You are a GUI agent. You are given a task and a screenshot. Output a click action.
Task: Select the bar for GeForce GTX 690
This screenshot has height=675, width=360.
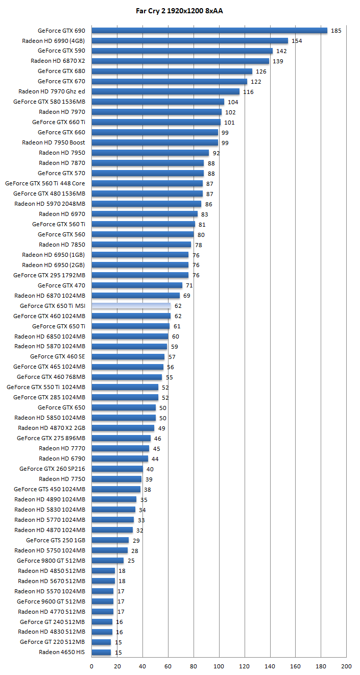click(209, 31)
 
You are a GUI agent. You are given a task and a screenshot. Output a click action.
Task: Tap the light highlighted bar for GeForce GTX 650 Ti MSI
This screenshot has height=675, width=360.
click(131, 306)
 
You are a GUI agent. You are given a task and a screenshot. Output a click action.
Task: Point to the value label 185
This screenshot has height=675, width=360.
click(336, 31)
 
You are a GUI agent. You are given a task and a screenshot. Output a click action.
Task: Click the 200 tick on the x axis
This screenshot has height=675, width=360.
click(346, 666)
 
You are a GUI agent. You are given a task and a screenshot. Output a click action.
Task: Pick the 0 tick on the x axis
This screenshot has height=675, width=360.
click(91, 666)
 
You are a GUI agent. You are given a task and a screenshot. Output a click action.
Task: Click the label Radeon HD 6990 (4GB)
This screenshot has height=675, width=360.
click(54, 41)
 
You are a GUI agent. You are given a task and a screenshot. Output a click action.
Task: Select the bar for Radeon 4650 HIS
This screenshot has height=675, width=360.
click(101, 652)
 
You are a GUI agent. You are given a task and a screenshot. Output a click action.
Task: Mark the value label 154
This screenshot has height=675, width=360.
click(297, 41)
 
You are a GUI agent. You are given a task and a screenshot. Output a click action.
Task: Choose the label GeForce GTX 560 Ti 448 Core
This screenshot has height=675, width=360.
click(45, 183)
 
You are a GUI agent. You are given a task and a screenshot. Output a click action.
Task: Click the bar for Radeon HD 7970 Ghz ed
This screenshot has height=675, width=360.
click(165, 91)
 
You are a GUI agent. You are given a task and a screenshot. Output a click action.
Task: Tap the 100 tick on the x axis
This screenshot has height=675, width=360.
click(219, 666)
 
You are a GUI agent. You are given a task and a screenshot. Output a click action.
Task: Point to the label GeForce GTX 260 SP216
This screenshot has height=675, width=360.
click(52, 469)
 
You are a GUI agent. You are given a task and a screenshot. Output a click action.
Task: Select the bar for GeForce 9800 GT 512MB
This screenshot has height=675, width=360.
click(107, 561)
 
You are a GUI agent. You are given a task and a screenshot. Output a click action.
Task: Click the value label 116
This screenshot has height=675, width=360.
click(248, 92)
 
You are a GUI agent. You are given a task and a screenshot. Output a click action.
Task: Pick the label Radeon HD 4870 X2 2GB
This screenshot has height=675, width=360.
click(52, 428)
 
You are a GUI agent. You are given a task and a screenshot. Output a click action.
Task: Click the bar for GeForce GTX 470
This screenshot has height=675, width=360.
click(137, 285)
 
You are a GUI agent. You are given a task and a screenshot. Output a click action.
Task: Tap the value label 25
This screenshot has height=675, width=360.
click(131, 561)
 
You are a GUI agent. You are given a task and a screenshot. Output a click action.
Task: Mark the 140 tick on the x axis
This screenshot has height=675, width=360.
click(270, 666)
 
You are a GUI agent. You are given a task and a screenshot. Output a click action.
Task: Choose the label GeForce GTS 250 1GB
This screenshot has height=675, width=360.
click(56, 540)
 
